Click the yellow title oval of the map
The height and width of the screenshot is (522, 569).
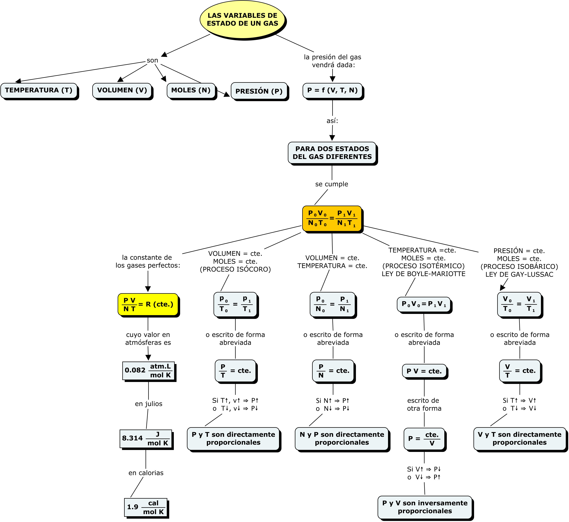coord(242,19)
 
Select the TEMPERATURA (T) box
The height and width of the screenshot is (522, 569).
coord(39,90)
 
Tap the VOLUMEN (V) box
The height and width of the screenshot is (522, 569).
coord(122,90)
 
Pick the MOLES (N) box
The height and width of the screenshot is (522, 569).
coord(191,90)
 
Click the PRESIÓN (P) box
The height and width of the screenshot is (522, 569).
coord(259,91)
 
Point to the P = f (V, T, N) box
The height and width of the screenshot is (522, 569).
coord(332,90)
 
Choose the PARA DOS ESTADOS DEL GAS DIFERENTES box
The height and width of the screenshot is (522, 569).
coord(332,153)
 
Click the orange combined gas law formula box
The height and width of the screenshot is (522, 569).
coord(332,219)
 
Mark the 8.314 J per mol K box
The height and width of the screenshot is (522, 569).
coord(146,439)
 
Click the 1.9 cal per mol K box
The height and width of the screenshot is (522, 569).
coord(146,507)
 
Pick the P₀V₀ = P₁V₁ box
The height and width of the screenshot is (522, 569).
coord(424,304)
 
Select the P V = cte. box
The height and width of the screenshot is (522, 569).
coord(424,371)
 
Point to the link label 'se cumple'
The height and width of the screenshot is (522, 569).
coord(332,184)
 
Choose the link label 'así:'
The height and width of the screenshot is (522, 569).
coord(332,121)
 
